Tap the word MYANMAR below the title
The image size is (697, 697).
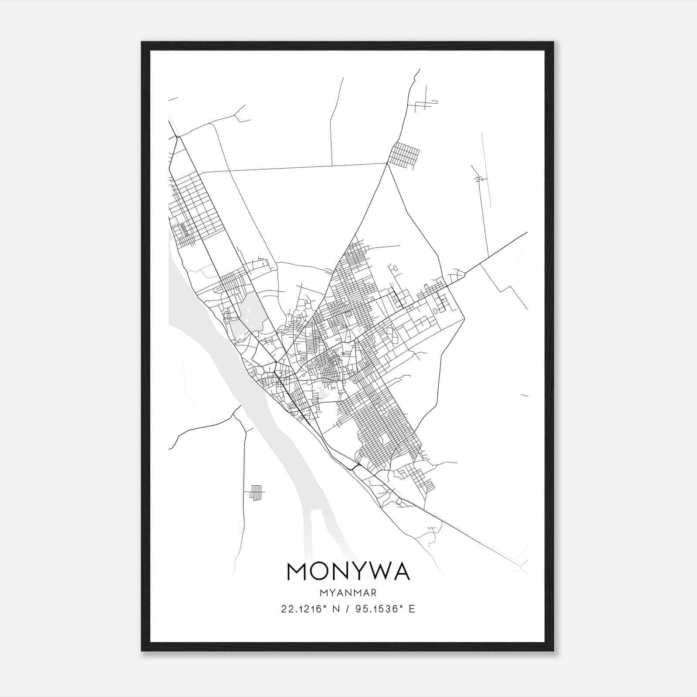click(348, 593)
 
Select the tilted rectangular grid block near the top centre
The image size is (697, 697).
click(404, 155)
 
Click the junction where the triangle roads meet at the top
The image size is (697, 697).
click(387, 163)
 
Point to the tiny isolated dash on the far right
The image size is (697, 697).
click(524, 396)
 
